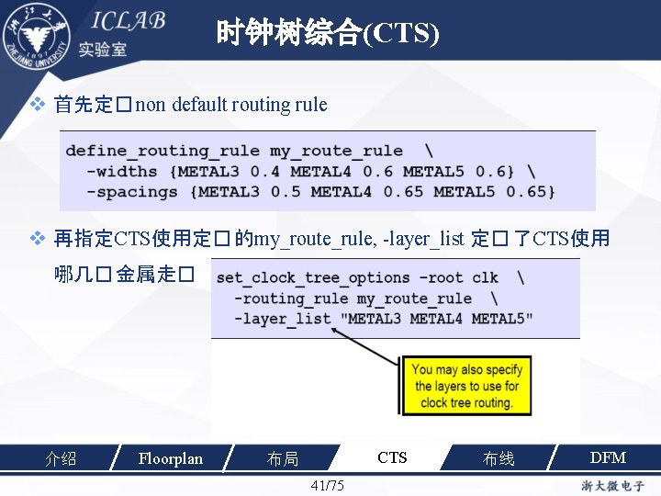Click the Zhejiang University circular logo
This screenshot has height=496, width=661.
pos(36,34)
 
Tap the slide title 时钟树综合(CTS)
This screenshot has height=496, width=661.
pos(328,34)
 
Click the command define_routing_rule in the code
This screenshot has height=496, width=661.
pos(162,151)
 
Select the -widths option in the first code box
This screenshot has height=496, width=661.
pos(122,171)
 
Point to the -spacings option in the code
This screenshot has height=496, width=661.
pos(132,191)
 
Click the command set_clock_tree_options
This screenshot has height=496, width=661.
pos(312,277)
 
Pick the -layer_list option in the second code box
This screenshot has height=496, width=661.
pos(282,319)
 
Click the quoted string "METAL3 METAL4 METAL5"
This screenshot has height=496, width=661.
pos(436,319)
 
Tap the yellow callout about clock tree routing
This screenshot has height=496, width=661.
pos(466,386)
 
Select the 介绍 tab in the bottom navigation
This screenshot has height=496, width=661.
pos(61,458)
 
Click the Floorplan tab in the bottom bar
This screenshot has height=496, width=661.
pos(170,458)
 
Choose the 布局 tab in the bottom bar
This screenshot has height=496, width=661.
pos(282,458)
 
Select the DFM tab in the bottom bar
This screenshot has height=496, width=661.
pos(608,457)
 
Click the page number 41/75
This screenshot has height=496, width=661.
pos(328,485)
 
